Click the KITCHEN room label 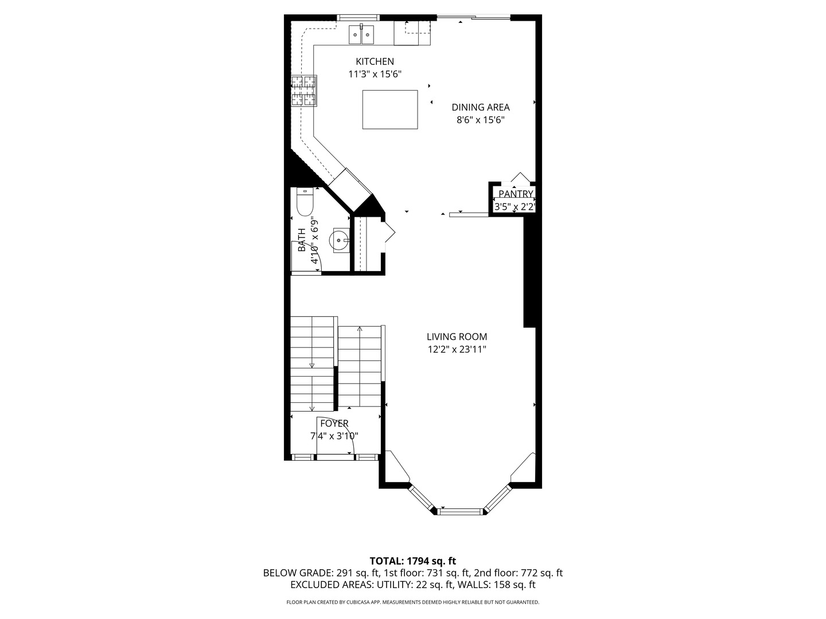375,62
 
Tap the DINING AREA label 480,107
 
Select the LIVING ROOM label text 457,337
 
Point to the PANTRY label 516,194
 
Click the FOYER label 334,424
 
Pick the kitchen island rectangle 390,109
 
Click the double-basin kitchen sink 361,35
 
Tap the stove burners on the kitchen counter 303,91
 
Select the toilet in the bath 305,201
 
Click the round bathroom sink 341,240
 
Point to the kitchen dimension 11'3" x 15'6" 375,75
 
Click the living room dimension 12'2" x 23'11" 457,350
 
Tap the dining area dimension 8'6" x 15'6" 480,120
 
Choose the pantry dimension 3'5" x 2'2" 515,207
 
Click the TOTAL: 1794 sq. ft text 412,561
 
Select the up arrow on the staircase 360,330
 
